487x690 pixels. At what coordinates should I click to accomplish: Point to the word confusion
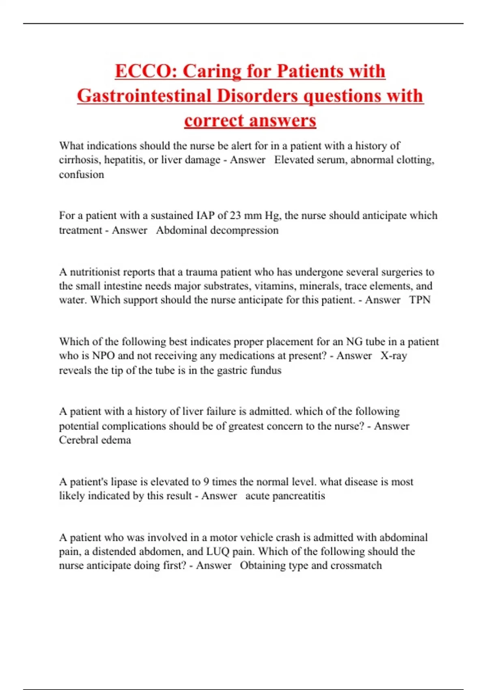[82, 175]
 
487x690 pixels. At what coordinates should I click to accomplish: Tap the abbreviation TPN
[420, 300]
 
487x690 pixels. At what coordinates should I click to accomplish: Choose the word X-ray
[394, 356]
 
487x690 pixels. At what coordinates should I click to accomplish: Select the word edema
[116, 440]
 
